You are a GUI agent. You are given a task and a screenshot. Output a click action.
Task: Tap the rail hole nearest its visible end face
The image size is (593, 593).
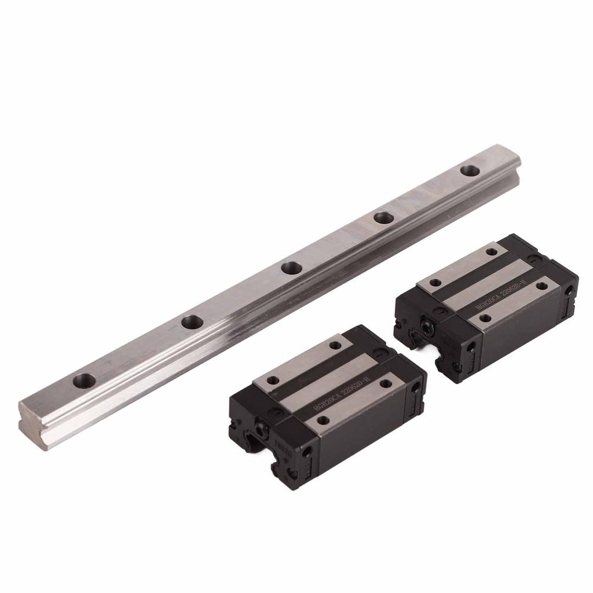(85, 380)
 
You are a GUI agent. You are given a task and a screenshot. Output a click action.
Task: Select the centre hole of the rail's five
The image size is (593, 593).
(291, 268)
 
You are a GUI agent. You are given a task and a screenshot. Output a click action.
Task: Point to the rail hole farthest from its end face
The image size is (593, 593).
(470, 171)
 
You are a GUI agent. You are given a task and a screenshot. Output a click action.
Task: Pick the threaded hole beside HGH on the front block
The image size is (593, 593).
(324, 420)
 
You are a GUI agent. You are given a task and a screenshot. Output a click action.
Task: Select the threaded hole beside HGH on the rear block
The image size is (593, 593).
(485, 317)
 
